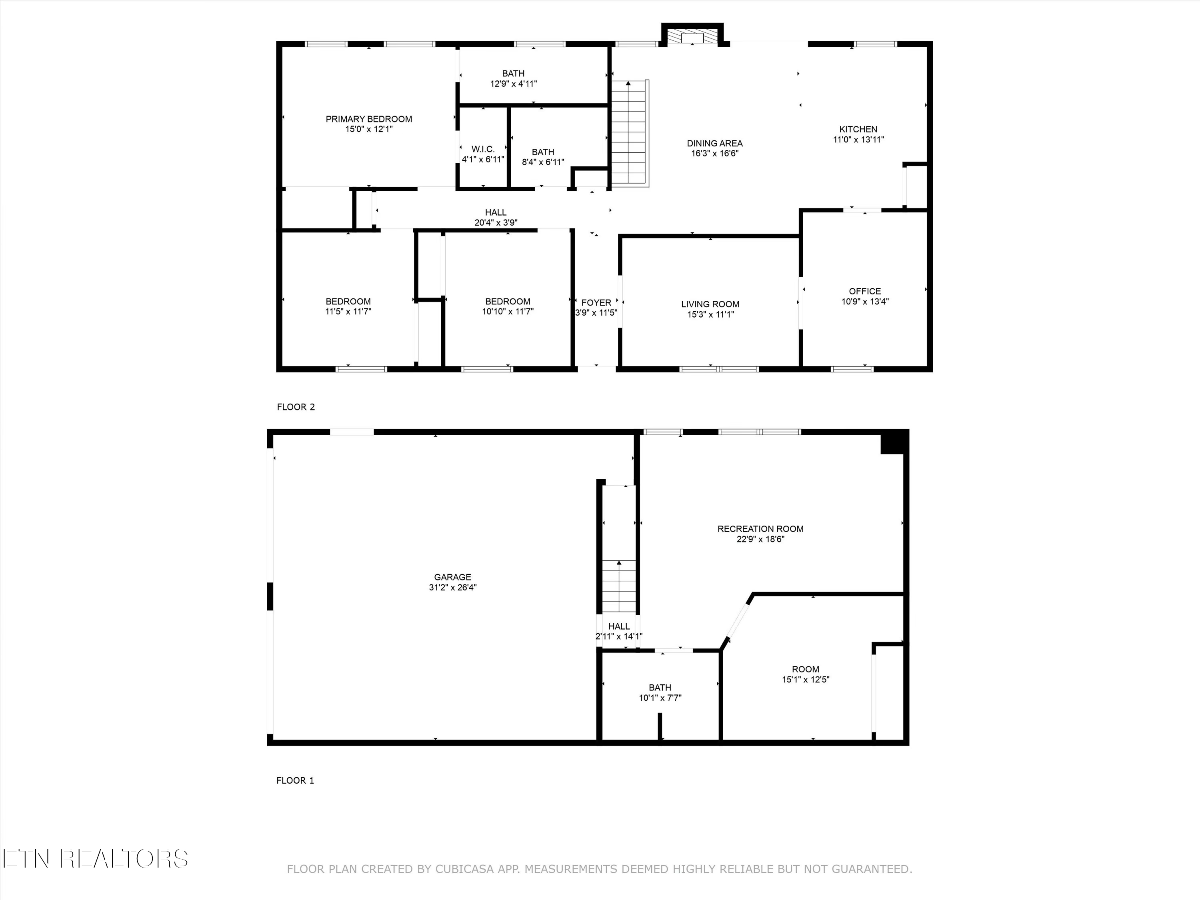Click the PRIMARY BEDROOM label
click(368, 119)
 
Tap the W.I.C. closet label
click(483, 149)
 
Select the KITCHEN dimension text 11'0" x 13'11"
click(858, 140)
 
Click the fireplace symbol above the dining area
click(692, 37)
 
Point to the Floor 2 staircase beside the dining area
click(629, 133)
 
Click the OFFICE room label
click(865, 291)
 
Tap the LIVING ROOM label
click(710, 304)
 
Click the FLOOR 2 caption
click(296, 407)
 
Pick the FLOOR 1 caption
click(295, 780)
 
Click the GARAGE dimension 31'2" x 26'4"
click(452, 587)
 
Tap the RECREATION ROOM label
click(760, 528)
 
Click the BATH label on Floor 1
click(660, 687)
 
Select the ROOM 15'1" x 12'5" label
click(805, 669)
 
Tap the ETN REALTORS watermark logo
click(95, 858)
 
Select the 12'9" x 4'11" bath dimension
click(513, 84)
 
